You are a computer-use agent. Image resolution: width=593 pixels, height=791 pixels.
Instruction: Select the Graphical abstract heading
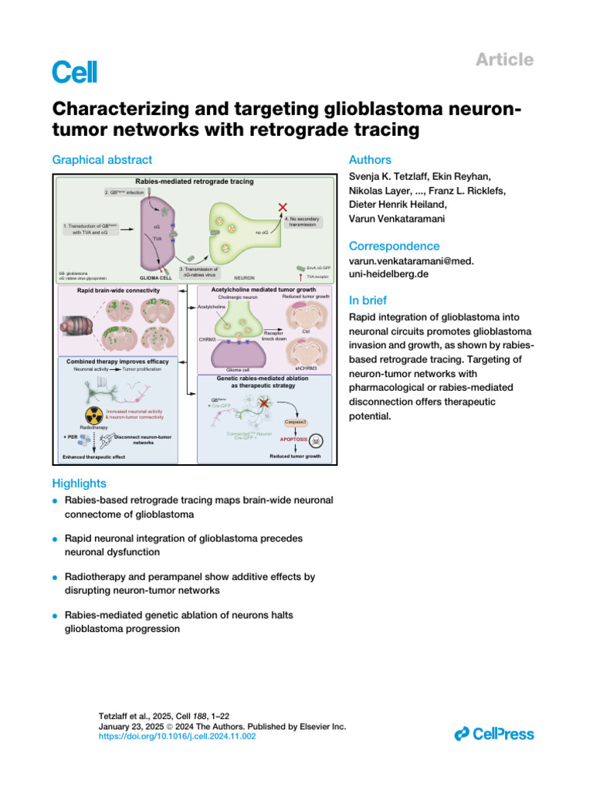pos(102,160)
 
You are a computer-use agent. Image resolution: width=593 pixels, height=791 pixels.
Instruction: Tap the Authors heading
pos(371,160)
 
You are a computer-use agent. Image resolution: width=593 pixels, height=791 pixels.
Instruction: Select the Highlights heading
pos(79,483)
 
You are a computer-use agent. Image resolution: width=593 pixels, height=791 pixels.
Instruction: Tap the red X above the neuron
pos(283,207)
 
